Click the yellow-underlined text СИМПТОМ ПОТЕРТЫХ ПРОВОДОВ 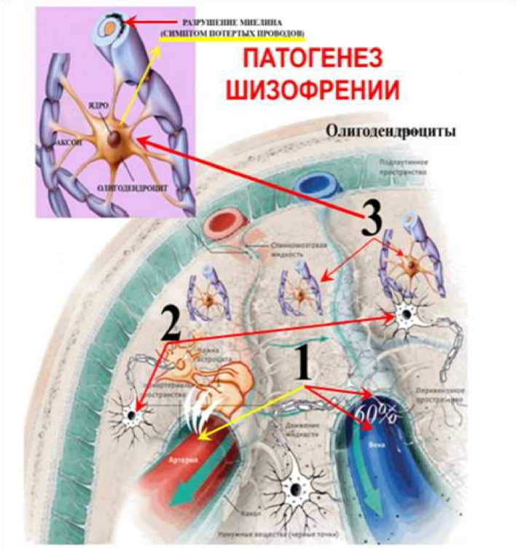click(232, 34)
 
